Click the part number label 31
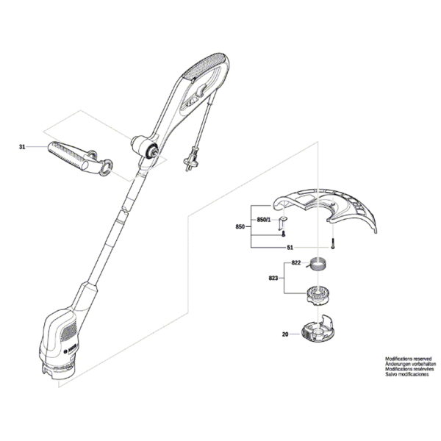(22, 148)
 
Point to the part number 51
(290, 247)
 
